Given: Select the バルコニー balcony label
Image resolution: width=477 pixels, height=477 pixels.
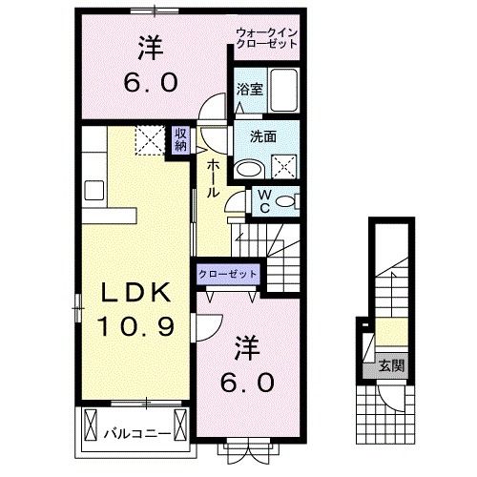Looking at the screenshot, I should [136, 433].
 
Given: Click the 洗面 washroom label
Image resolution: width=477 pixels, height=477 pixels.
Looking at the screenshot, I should [264, 135].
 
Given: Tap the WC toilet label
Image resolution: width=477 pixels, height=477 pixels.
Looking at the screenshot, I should [263, 200].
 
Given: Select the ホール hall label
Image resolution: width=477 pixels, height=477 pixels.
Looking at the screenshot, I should [213, 177].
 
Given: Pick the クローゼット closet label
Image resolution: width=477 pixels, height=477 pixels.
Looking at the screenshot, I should [229, 274].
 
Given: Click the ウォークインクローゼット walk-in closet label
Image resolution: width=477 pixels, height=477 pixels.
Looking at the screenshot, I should [268, 40].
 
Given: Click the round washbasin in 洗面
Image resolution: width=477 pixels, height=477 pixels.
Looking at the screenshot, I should [247, 170].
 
